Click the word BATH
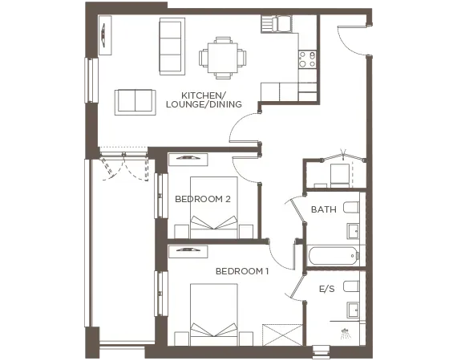pos(323,210)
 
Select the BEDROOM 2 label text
pos(203,199)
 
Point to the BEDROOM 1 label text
pos(242,272)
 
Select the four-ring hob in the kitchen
pos(307,59)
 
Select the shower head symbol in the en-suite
pos(346,331)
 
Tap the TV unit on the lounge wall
pos(104,37)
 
